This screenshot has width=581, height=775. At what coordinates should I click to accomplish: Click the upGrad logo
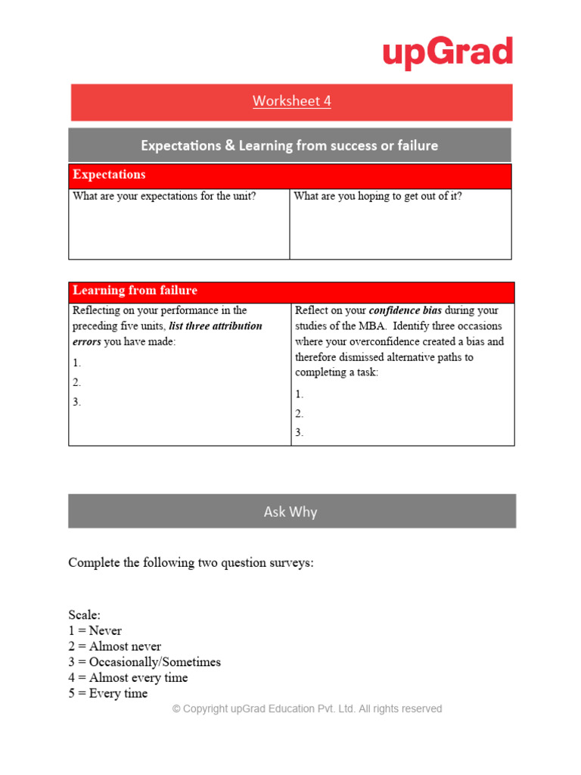tap(447, 53)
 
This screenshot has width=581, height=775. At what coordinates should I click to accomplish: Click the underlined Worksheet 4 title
tap(291, 101)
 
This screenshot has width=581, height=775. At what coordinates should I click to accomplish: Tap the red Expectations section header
tap(109, 175)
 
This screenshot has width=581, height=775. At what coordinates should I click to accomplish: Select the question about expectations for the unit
tap(164, 196)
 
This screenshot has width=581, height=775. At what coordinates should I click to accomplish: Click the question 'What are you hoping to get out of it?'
tap(377, 196)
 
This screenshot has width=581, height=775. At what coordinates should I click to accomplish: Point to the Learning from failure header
tap(135, 291)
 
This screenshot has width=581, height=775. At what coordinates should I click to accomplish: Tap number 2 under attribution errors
tap(77, 382)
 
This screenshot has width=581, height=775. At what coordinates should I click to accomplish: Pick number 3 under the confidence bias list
tap(300, 433)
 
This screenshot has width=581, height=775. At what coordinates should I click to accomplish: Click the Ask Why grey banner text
tap(290, 512)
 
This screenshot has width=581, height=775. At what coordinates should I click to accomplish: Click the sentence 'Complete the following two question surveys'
tap(191, 563)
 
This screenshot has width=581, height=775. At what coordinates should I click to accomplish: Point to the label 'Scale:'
tap(84, 615)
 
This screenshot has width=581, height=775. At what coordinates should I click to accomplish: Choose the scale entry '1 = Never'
tap(95, 630)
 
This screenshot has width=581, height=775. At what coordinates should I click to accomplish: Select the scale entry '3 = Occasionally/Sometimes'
tap(144, 662)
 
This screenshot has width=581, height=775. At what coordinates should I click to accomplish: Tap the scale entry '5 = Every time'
tap(108, 693)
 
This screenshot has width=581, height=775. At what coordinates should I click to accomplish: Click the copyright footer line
tap(307, 709)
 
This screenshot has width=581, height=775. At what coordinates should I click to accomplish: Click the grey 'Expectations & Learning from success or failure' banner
tap(290, 145)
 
